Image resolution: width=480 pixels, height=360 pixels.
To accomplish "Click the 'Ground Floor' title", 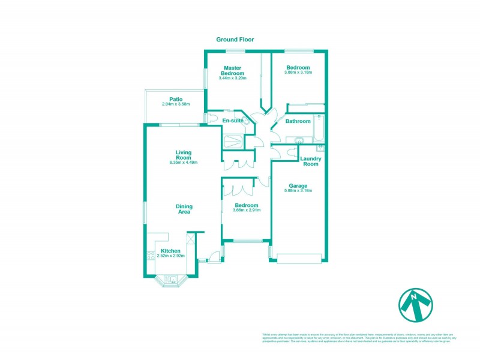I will pyautogui.click(x=235, y=40).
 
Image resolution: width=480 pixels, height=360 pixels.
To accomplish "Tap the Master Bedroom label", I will pyautogui.click(x=234, y=71).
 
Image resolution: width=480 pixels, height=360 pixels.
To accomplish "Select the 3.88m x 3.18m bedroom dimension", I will pyautogui.click(x=298, y=73).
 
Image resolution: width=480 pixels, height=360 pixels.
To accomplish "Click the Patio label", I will pyautogui.click(x=176, y=100).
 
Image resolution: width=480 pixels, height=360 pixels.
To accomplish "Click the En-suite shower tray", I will pyautogui.click(x=233, y=142).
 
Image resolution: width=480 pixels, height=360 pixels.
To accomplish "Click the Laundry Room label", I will pyautogui.click(x=311, y=161).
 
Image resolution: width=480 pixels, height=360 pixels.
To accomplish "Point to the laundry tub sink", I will pyautogui.click(x=320, y=146).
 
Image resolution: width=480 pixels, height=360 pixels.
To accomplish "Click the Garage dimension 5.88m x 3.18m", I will pyautogui.click(x=298, y=191).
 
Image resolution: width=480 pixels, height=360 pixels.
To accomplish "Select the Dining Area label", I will pyautogui.click(x=184, y=209).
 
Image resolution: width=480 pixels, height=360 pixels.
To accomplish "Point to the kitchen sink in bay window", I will pyautogui.click(x=170, y=279).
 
